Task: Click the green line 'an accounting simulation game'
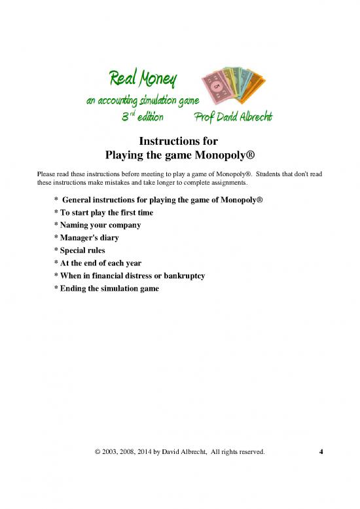pos(137,100)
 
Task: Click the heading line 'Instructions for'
pos(179,141)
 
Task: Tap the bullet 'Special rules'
pos(85,250)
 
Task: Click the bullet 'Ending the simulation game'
pos(109,288)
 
